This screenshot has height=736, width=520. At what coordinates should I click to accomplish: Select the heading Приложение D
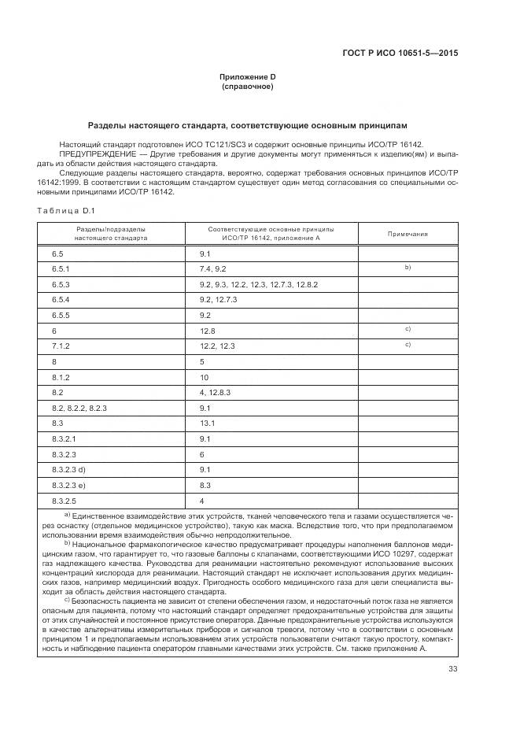(247, 76)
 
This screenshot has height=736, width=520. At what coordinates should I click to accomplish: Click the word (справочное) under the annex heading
(247, 87)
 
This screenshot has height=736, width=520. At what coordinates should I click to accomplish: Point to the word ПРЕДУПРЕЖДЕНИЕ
(91, 154)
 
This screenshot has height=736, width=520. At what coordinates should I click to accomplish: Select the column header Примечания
(408, 234)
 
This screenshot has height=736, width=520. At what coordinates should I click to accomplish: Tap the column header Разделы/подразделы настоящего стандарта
(110, 233)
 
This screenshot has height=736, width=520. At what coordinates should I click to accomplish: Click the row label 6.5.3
(61, 284)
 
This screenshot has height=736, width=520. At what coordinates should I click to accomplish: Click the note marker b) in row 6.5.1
(408, 268)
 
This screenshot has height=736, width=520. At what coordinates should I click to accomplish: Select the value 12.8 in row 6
(208, 331)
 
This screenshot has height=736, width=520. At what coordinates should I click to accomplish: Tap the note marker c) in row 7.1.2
(408, 345)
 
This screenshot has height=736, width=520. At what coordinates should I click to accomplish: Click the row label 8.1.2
(61, 377)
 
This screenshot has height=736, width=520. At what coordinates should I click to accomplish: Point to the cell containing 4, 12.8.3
(216, 392)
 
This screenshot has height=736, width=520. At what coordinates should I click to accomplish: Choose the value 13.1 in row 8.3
(208, 423)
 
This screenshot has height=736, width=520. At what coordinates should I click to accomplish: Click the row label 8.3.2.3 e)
(68, 485)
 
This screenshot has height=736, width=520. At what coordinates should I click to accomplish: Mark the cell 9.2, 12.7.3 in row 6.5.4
(219, 300)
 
